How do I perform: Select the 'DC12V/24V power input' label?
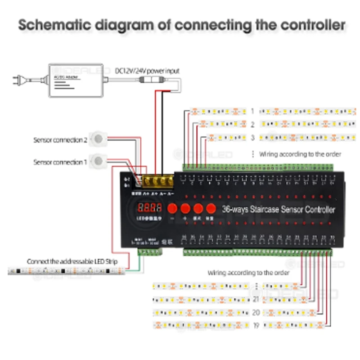pyautogui.click(x=147, y=71)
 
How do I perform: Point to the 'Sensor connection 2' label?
pyautogui.click(x=60, y=140)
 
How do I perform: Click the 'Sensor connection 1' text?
pyautogui.click(x=60, y=162)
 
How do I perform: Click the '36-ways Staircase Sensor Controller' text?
pyautogui.click(x=279, y=209)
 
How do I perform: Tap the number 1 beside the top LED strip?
pyautogui.click(x=253, y=111)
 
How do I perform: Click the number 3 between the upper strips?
pyautogui.click(x=253, y=138)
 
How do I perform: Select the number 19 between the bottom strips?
pyautogui.click(x=255, y=324)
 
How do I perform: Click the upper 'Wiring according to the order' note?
pyautogui.click(x=300, y=154)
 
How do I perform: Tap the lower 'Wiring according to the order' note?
pyautogui.click(x=248, y=273)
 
